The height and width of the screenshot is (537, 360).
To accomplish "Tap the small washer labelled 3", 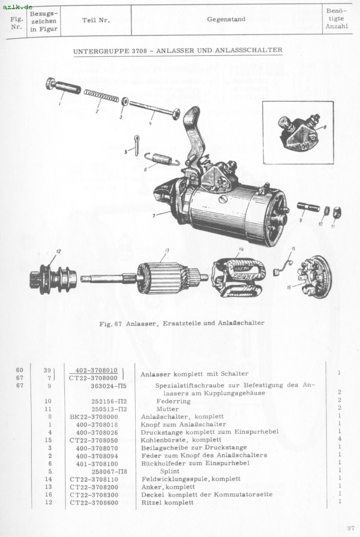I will point(124,101).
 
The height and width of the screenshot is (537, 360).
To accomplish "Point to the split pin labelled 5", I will point(136,144).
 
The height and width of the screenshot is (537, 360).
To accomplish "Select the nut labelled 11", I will point(337,212).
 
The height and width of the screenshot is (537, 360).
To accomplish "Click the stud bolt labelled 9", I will point(308,206).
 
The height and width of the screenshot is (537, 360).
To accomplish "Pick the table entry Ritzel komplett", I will point(167,503).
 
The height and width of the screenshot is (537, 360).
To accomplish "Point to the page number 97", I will point(351,528).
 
